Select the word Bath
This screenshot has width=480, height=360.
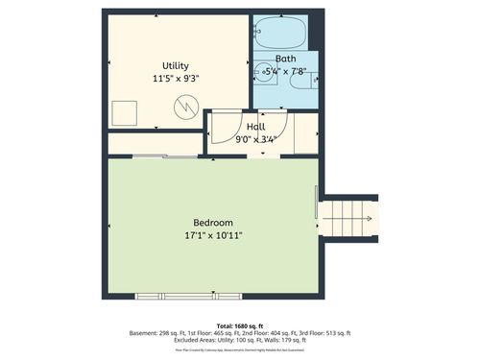[x=285, y=57]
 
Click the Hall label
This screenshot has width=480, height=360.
[x=256, y=127]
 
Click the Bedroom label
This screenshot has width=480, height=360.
[x=212, y=223]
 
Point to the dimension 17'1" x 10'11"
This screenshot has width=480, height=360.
[x=213, y=235]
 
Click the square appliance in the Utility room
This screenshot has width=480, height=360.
[x=124, y=114]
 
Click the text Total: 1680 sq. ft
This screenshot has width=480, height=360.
[x=239, y=325]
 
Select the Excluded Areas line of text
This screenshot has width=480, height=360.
[x=240, y=341]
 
